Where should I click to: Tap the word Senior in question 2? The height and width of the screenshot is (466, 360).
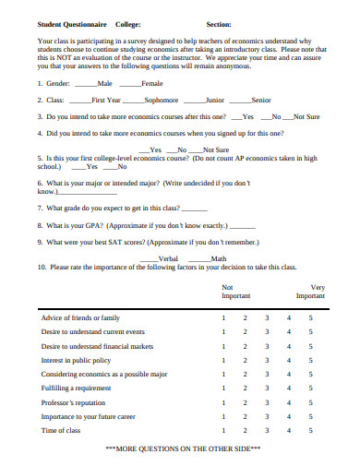point(260,100)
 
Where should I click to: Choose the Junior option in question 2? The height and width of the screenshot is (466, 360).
point(214,100)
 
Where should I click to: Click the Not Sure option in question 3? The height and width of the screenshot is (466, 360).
point(306,116)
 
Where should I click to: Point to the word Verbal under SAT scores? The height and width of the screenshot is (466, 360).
point(168,259)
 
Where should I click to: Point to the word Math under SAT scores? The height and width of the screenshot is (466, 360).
point(218,259)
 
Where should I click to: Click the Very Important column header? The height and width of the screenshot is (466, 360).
point(311,293)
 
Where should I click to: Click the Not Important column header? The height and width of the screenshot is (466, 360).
point(235,293)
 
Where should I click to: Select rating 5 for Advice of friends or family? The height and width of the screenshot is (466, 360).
point(311,317)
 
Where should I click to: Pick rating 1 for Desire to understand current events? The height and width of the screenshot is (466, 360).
point(222,331)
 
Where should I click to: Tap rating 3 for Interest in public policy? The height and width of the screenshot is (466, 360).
point(267,360)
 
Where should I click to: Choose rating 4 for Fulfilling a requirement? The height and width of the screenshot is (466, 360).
point(289,388)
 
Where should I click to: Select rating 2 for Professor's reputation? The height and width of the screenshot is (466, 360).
point(245,402)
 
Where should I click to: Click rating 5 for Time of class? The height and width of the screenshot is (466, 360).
point(311,431)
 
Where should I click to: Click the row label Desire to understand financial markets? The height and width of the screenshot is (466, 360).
point(97,346)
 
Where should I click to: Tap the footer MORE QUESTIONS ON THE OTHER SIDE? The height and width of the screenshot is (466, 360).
point(184,448)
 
